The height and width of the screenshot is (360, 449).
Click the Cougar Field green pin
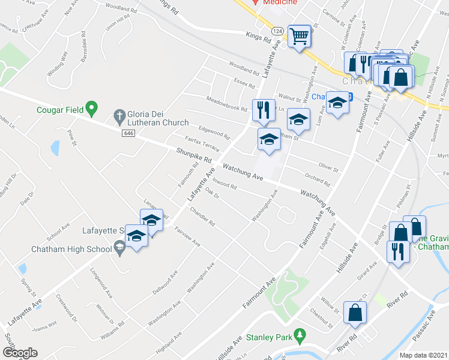pos(91,108)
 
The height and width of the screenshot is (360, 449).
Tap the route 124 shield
pos(277,30)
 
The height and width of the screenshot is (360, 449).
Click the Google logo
pos(20,353)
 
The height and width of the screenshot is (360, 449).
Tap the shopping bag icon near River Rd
pos(355,313)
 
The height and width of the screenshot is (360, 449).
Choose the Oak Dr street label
pos(212,194)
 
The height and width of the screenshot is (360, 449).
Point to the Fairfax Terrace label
pos(202,143)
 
